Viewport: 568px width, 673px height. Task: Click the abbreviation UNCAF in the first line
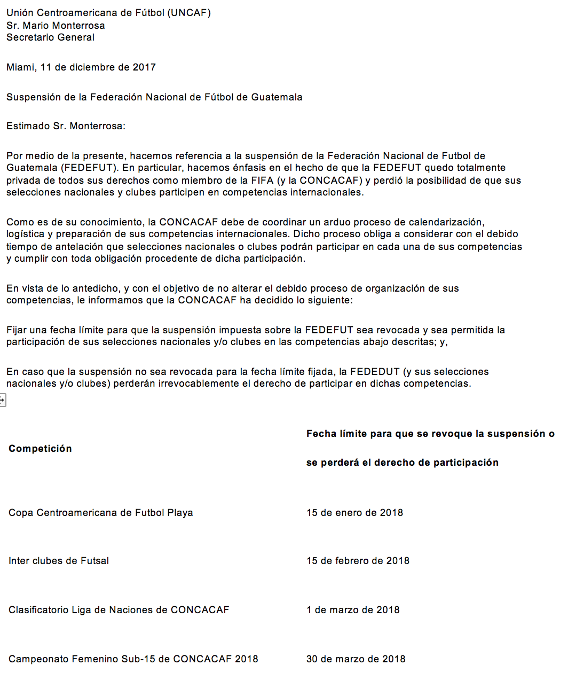point(189,13)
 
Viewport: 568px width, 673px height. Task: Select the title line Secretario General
point(50,37)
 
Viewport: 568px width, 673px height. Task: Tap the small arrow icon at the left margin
point(2,400)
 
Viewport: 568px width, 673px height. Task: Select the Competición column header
point(40,449)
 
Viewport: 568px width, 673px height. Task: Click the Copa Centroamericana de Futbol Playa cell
point(101,513)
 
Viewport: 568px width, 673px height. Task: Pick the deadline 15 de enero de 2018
point(354,513)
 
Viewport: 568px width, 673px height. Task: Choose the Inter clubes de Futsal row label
point(59,561)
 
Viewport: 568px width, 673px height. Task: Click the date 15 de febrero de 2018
point(358,561)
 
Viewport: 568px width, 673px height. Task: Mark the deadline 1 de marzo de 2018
point(353,610)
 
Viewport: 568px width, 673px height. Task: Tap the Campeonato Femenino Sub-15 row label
point(133,659)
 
